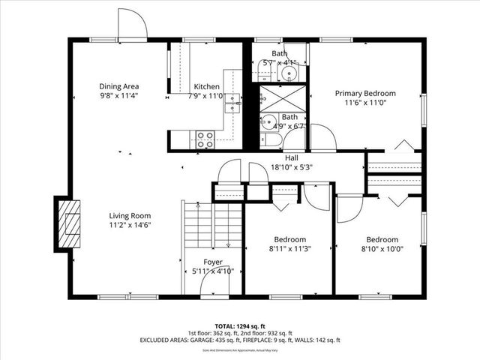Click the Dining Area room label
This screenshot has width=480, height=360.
(x=119, y=85)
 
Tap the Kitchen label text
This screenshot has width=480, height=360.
(x=206, y=86)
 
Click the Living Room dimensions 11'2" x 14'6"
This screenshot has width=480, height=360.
(x=130, y=225)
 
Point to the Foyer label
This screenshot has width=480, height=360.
(x=213, y=262)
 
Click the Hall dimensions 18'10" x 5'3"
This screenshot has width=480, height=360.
(x=291, y=168)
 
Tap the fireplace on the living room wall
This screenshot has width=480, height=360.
(x=69, y=223)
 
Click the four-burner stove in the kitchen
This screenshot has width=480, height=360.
(x=205, y=138)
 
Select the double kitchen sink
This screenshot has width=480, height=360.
(x=233, y=103)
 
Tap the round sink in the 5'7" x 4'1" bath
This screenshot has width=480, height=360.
(x=290, y=73)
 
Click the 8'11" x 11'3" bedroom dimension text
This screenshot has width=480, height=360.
(x=289, y=249)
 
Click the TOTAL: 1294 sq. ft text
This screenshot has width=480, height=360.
(x=239, y=326)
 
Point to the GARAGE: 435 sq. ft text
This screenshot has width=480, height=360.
(x=211, y=340)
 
